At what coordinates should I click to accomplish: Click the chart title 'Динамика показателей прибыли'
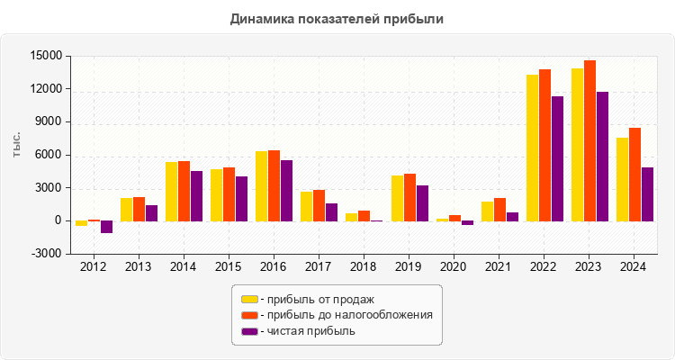click(337, 18)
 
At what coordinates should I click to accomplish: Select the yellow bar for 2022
click(532, 148)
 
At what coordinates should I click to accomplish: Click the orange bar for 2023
click(589, 140)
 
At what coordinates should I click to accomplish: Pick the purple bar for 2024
click(647, 193)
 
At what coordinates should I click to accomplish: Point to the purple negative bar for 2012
click(107, 227)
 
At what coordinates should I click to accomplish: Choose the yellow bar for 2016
click(261, 185)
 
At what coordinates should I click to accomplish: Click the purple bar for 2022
click(557, 158)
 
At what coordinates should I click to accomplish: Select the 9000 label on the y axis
click(48, 122)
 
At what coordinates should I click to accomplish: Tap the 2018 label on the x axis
click(363, 266)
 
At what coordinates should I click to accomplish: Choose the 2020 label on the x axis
click(453, 266)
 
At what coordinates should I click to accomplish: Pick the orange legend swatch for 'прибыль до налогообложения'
click(249, 315)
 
